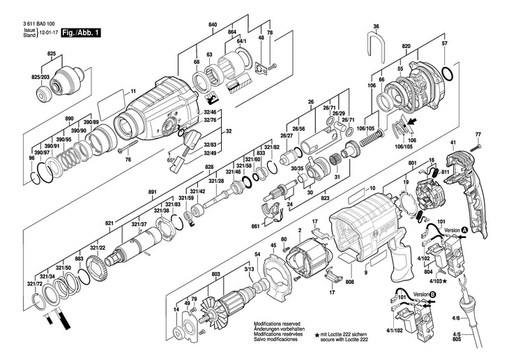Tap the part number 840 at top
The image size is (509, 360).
(x=213, y=25)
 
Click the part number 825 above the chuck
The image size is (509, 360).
(x=52, y=54)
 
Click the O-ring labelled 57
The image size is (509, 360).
(x=448, y=73)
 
